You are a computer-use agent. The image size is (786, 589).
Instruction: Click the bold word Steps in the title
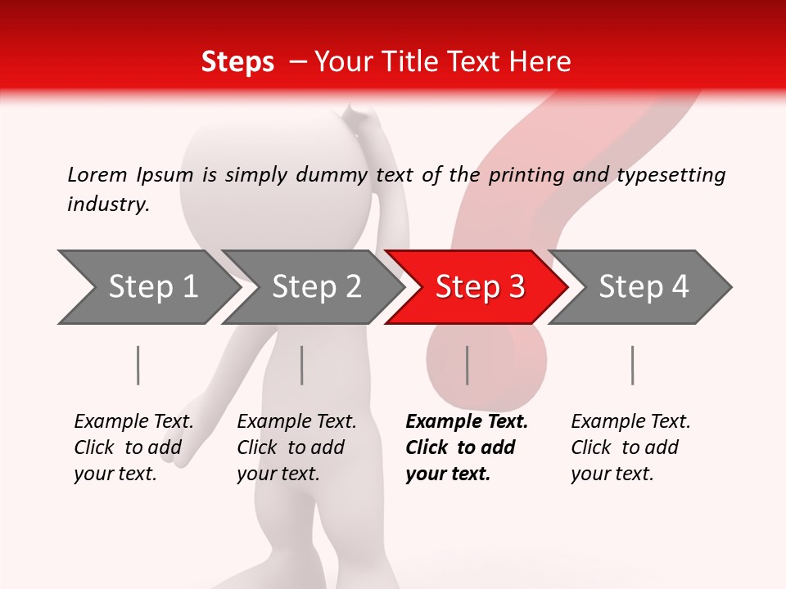click(237, 62)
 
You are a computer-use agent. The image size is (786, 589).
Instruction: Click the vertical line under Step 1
click(138, 365)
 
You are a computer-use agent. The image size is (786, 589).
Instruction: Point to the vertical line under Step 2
click(302, 365)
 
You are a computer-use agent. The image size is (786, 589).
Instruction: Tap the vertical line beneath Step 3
click(467, 365)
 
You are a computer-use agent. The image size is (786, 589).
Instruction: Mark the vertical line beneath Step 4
click(632, 365)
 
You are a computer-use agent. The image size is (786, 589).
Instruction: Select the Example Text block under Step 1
click(133, 447)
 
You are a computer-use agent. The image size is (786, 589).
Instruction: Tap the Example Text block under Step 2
click(296, 447)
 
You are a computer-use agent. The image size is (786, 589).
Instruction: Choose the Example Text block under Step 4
click(630, 447)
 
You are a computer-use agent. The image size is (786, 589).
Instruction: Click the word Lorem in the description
click(97, 175)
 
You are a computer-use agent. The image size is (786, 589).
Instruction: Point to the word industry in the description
click(107, 205)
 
